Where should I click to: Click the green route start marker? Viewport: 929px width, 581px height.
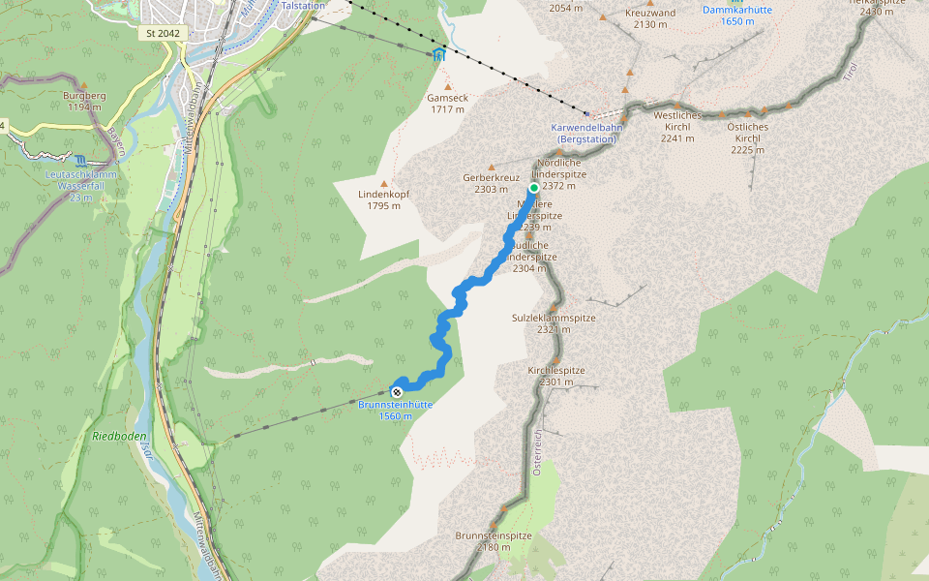pos(533,188)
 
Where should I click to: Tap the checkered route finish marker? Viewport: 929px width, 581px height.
pos(397,391)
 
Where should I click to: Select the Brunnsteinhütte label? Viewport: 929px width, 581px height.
pos(395,410)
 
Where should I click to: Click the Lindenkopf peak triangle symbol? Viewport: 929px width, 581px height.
pos(384,183)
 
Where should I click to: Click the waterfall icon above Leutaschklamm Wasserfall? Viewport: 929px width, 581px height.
pos(80,160)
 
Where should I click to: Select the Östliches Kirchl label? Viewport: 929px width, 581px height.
pos(748,132)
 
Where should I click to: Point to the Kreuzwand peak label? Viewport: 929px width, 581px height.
pos(650,18)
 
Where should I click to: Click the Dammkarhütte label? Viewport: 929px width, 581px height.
pos(736,15)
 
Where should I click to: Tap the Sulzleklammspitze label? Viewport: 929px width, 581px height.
pos(554,323)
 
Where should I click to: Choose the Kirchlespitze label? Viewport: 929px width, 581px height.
pos(556,376)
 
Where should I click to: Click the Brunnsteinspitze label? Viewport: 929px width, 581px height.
pos(494,540)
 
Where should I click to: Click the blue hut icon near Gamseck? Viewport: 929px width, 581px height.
pos(440,55)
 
